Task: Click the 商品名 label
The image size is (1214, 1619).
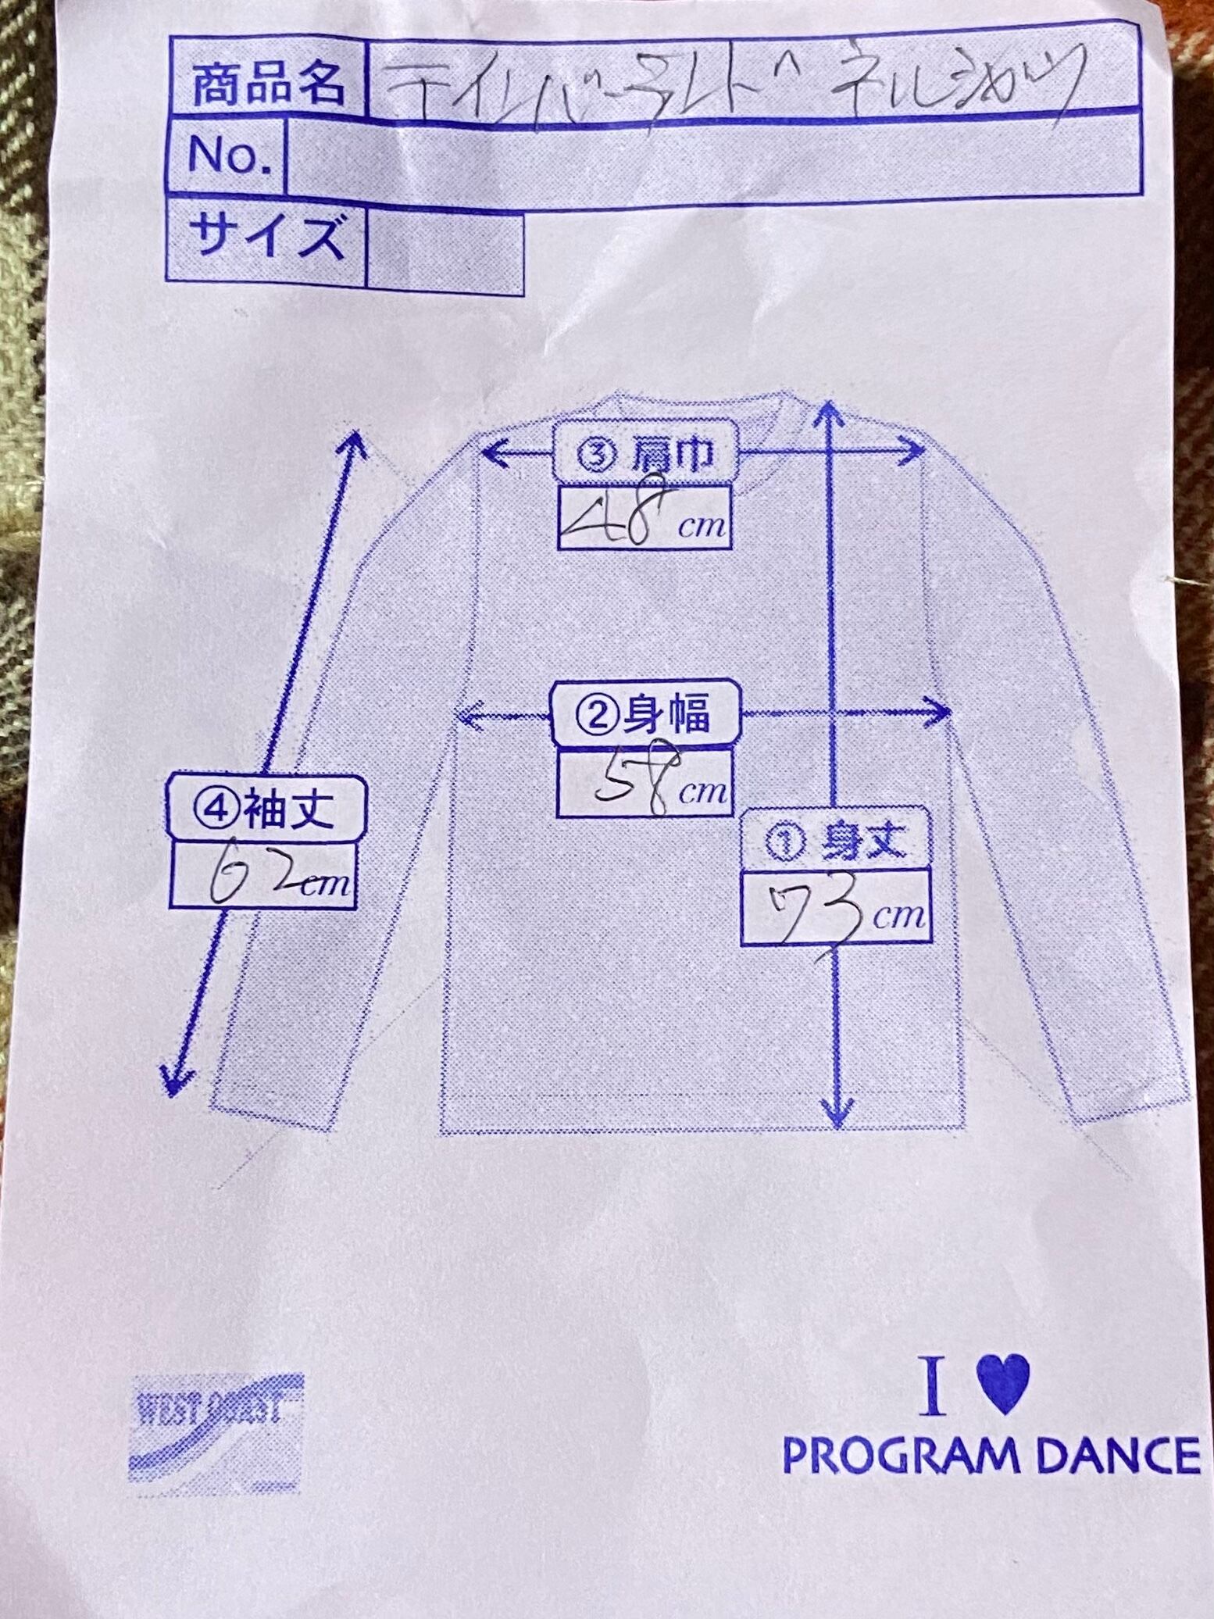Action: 266,84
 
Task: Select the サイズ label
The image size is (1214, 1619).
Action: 266,235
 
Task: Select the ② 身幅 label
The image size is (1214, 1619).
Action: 645,715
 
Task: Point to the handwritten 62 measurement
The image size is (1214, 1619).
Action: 242,875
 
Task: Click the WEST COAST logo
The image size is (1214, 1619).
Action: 215,1424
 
